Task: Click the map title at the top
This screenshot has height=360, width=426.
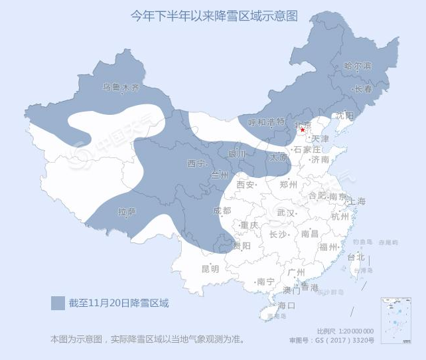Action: pos(212,15)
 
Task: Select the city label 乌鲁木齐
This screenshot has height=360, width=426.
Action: pos(121,86)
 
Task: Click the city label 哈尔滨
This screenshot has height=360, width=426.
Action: pos(358,66)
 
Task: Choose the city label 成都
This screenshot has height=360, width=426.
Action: pos(222,211)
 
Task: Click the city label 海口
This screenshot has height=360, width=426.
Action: pos(286,305)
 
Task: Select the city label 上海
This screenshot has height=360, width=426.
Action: pos(356,201)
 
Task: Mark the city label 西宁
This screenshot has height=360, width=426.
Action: pos(197,163)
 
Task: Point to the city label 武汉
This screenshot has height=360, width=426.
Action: pos(286,213)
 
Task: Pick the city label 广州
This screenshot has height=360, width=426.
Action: pos(295,272)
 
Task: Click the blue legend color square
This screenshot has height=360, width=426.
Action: pos(58,304)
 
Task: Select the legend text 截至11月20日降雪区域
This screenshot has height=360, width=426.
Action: pos(119,304)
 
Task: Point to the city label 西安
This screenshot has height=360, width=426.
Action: pos(246,185)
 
